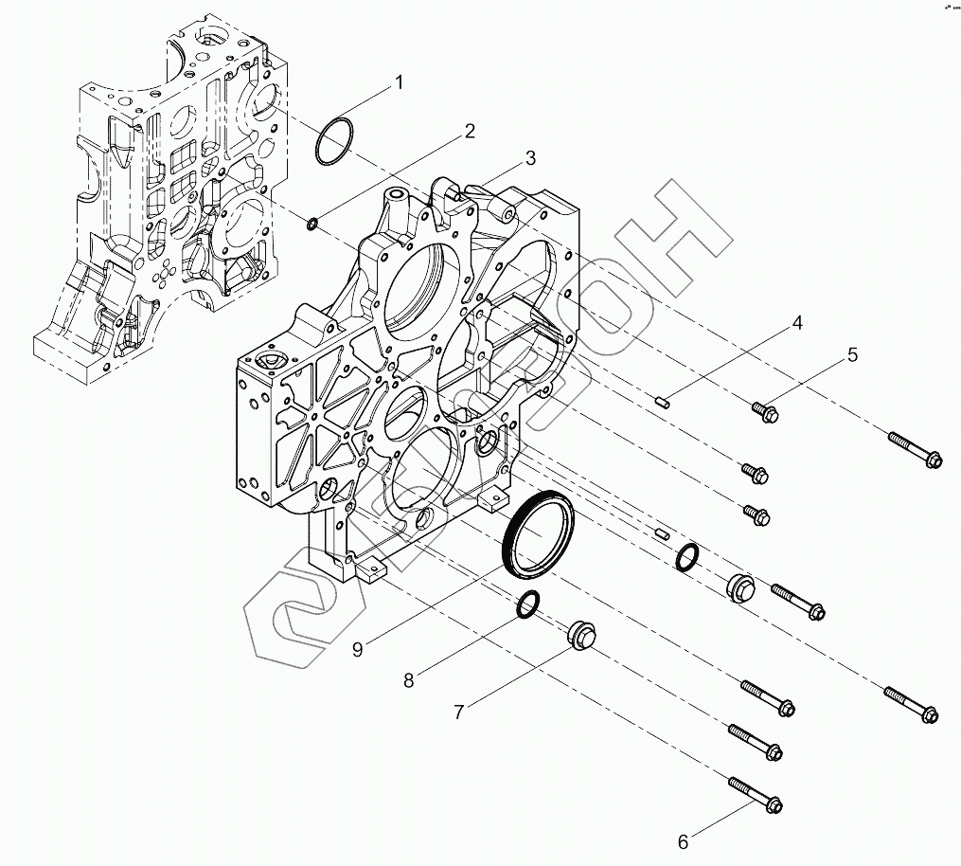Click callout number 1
[399, 82]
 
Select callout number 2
[468, 132]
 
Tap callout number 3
[530, 157]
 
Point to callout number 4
[797, 323]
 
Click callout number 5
[852, 355]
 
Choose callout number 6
[683, 839]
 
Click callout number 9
[358, 649]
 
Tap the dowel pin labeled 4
[661, 403]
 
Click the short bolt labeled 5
[764, 412]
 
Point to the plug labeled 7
[580, 635]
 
